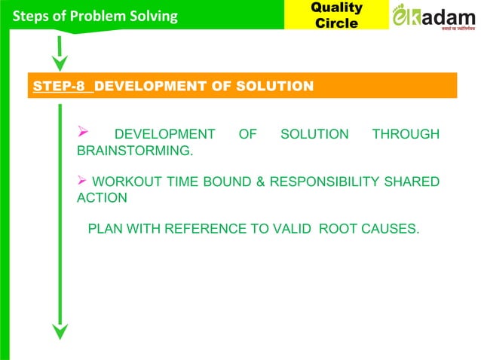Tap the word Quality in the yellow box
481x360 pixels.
click(x=336, y=8)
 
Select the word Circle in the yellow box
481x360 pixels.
click(x=336, y=23)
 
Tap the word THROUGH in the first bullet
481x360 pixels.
click(x=406, y=135)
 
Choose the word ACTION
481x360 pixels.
click(x=102, y=197)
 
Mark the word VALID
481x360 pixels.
click(x=291, y=227)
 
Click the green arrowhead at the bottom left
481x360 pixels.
click(x=60, y=331)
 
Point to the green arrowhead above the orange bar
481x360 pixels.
click(x=60, y=62)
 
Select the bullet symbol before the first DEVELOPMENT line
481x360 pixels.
click(x=84, y=134)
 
